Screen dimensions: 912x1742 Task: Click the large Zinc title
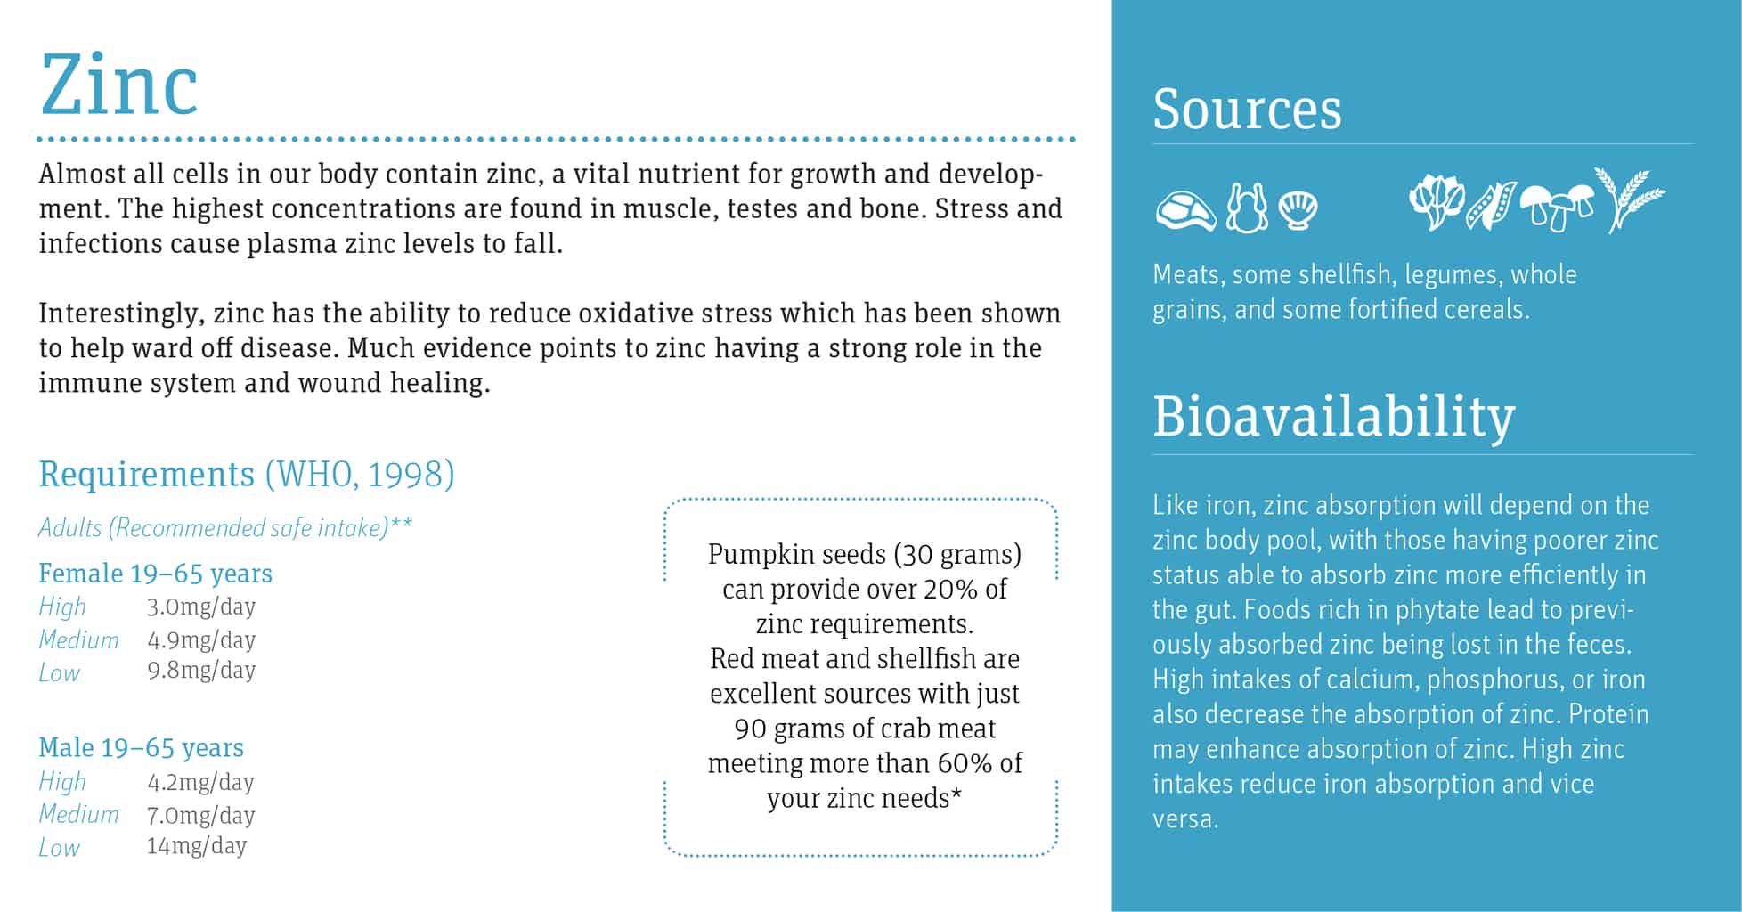tap(118, 85)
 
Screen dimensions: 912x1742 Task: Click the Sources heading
tap(1246, 110)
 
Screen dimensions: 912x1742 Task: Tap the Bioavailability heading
tap(1332, 416)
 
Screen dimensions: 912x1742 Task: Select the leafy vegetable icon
tap(1435, 201)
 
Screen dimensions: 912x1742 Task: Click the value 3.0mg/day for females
tap(201, 607)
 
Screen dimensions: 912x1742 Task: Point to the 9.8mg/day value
tap(201, 671)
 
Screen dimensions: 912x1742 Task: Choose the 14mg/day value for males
tap(196, 846)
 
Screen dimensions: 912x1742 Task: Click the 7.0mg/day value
tap(200, 815)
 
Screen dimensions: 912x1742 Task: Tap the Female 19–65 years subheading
tap(155, 573)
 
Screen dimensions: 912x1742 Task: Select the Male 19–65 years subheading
tap(141, 747)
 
